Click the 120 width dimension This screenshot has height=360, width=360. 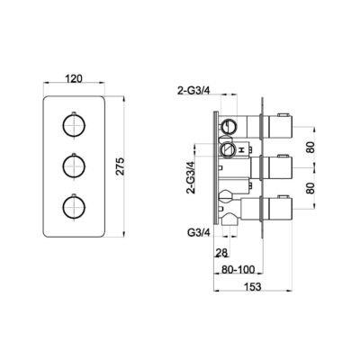(76, 78)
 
